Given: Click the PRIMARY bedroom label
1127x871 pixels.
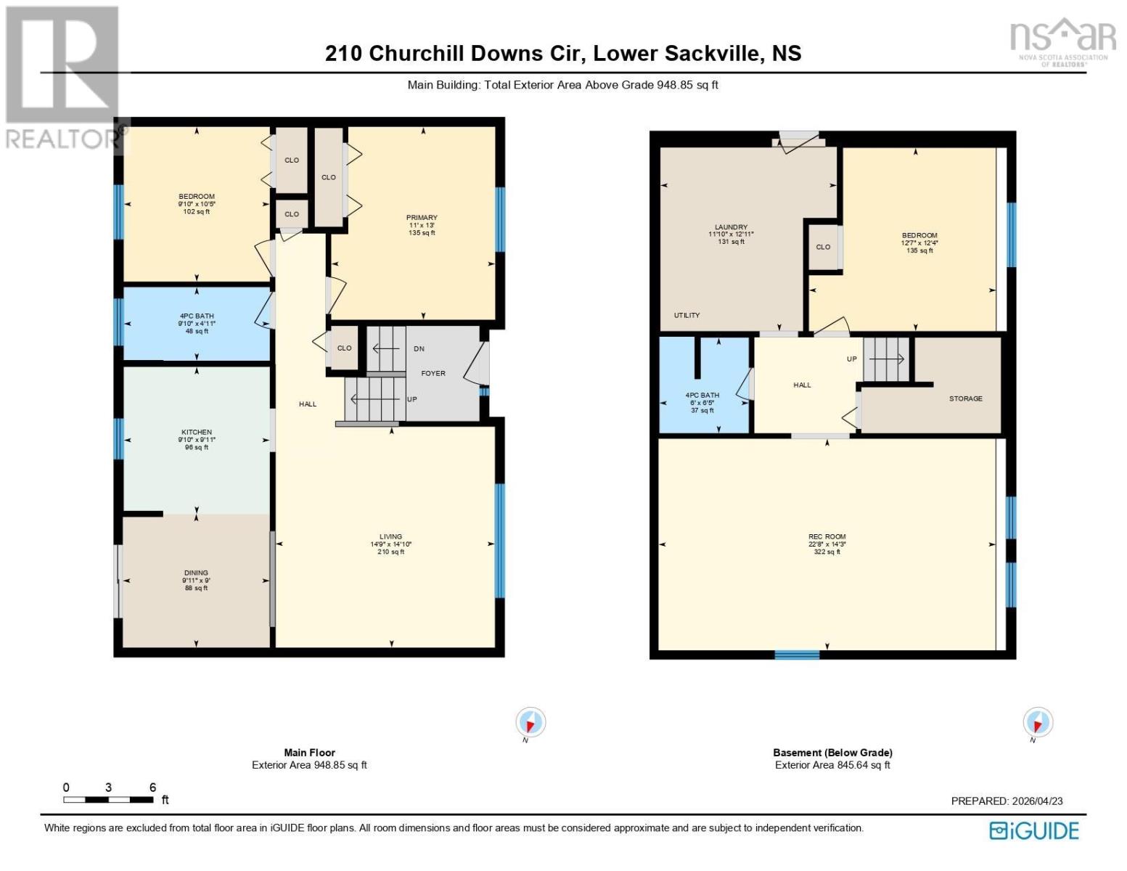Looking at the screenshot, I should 422,218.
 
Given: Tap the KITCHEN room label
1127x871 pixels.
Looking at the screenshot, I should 197,432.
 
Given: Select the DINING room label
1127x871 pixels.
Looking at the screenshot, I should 196,573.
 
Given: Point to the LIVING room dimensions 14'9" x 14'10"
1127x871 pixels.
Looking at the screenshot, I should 390,544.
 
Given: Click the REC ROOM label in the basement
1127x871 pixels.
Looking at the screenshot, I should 827,537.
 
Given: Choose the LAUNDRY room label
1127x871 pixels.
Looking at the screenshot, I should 731,227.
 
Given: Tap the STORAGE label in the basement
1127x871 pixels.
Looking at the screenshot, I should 965,398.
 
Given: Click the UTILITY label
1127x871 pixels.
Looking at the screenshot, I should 687,315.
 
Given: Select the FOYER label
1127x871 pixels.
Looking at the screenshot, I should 433,373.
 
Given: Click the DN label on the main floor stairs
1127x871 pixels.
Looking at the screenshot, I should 419,349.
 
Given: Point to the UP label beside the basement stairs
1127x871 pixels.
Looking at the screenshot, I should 852,359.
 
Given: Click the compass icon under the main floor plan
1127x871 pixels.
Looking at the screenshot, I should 530,723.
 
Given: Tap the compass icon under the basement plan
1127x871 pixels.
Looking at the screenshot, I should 1037,723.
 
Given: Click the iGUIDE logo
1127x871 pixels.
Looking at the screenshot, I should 1034,830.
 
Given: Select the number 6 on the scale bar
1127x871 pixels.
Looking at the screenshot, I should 152,788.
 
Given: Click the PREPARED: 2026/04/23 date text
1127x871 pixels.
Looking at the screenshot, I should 1007,801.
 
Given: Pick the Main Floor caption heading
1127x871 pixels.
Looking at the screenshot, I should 309,753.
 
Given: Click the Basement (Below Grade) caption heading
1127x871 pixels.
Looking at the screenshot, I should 832,753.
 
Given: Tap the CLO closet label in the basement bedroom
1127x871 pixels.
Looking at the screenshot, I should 823,247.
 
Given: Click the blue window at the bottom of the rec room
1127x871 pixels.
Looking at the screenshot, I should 796,655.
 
